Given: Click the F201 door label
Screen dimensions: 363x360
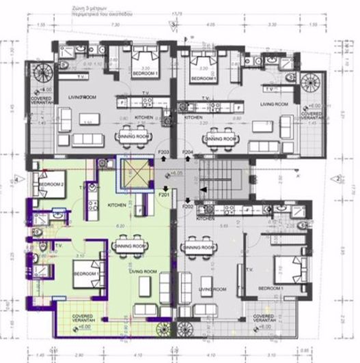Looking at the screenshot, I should (x=164, y=194).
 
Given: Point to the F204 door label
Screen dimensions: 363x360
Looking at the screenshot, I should (x=187, y=151).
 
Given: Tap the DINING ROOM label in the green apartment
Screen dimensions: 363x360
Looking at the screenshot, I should (x=131, y=246).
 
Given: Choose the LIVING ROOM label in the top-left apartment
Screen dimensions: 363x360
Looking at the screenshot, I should (x=83, y=100).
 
